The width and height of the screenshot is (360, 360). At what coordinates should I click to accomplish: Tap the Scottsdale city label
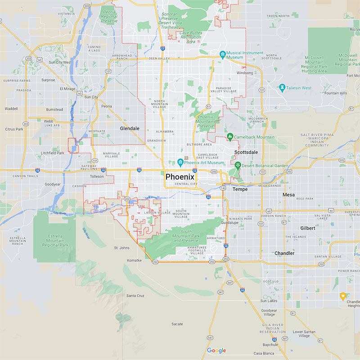[x=246, y=153]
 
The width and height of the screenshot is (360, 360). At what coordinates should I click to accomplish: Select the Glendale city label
[x=130, y=128]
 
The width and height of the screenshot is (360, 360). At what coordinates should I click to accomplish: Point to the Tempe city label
[x=240, y=189]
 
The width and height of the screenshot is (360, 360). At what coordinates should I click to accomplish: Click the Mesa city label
[x=288, y=195]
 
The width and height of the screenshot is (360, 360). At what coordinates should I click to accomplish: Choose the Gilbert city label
[x=308, y=228]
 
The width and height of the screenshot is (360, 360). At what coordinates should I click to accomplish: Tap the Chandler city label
[x=284, y=253]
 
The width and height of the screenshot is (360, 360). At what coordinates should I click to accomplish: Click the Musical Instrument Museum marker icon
[x=222, y=55]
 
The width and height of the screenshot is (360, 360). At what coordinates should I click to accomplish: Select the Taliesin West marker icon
[x=282, y=88]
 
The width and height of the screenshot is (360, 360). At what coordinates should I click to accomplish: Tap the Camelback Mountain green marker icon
[x=229, y=136]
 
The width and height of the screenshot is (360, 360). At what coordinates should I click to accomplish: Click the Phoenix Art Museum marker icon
[x=180, y=162]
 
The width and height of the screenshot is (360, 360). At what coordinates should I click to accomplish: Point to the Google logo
[x=216, y=351]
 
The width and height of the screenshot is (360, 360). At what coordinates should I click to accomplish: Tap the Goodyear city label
[x=53, y=184]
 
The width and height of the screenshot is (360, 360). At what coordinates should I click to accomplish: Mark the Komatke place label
[x=134, y=260]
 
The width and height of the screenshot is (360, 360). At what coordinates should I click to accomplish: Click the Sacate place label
[x=177, y=324]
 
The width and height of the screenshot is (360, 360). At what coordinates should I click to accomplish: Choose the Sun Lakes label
[x=269, y=301]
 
